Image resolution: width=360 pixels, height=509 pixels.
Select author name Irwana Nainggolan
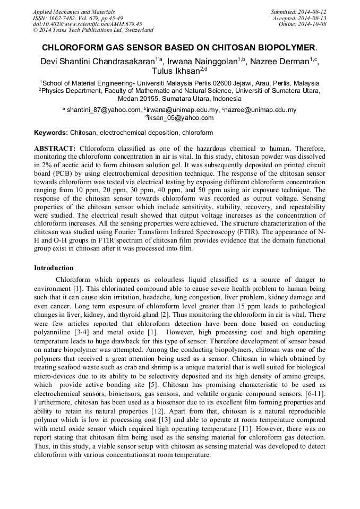click(x=202, y=62)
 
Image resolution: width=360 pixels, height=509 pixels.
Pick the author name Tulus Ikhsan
click(x=173, y=71)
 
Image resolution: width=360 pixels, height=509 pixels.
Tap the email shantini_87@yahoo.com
click(x=104, y=110)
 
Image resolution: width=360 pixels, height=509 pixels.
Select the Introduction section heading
click(x=54, y=268)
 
